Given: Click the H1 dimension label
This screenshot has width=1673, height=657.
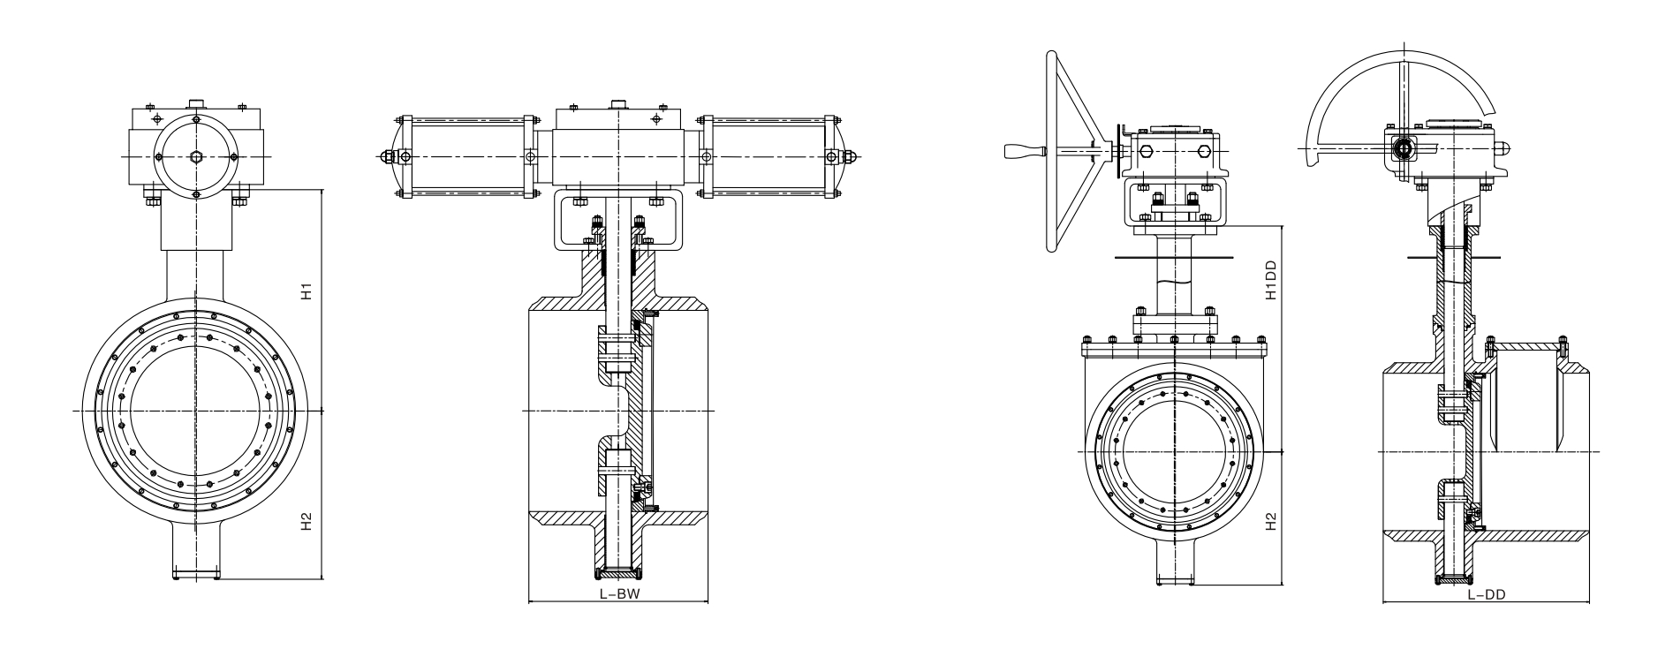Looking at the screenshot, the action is pyautogui.click(x=307, y=291).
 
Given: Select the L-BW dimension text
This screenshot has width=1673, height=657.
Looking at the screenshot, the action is pyautogui.click(x=618, y=594).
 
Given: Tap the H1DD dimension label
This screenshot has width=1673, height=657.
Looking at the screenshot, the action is pyautogui.click(x=1271, y=280).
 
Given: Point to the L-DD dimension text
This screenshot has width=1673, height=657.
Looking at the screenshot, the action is pyautogui.click(x=1486, y=595).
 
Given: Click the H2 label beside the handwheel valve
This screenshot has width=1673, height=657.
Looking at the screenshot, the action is pyautogui.click(x=1271, y=523).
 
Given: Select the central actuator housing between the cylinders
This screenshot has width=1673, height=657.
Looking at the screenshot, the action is pyautogui.click(x=617, y=157).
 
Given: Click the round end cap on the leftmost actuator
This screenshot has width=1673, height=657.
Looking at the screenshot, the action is pyautogui.click(x=195, y=157).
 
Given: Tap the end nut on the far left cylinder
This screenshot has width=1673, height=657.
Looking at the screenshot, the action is pyautogui.click(x=389, y=157).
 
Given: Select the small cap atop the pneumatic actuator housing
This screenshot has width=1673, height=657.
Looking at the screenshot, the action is pyautogui.click(x=617, y=104).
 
